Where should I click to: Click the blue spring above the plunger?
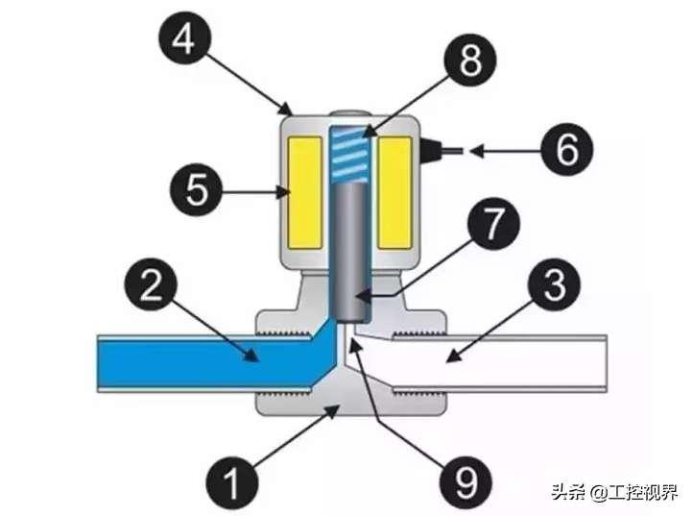click(349, 154)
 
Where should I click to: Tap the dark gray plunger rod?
click(349, 250)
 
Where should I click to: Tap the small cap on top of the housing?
click(349, 112)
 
